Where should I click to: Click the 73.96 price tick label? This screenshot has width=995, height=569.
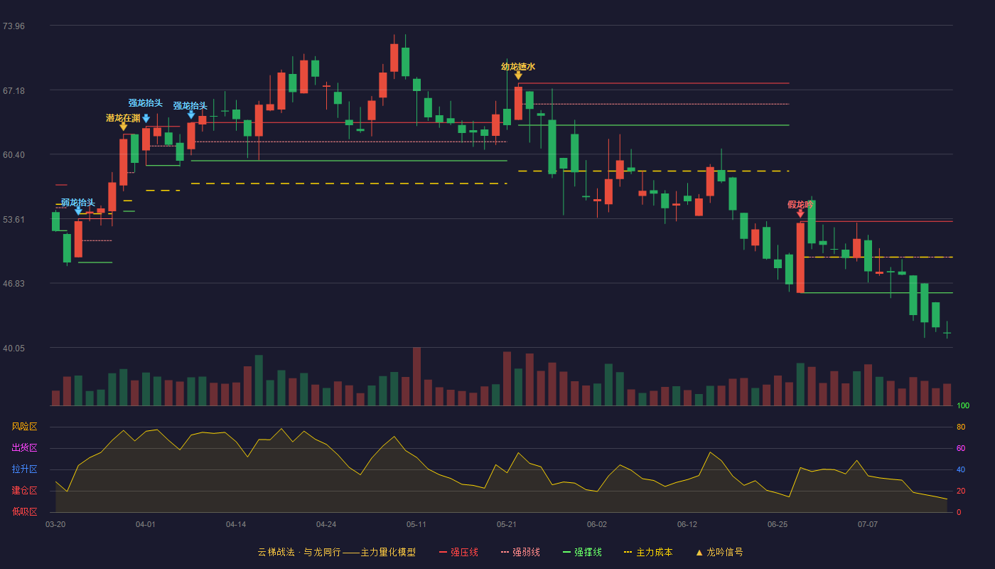[x=14, y=26]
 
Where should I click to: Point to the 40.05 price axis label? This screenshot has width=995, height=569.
[x=14, y=348]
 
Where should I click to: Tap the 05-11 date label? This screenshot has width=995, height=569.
[x=416, y=525]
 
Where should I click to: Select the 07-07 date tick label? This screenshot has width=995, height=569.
[x=868, y=525]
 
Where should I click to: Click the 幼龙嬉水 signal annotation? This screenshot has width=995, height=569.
[x=518, y=67]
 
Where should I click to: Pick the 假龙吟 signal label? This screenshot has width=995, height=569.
[x=800, y=205]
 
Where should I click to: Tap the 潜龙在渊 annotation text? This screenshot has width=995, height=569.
[x=123, y=118]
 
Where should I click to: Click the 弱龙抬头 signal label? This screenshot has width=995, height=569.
[x=78, y=203]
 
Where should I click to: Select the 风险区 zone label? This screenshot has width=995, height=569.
[x=24, y=427]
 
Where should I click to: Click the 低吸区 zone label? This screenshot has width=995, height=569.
[x=24, y=511]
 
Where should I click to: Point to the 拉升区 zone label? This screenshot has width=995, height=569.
[x=24, y=469]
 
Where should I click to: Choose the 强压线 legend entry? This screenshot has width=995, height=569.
[x=458, y=552]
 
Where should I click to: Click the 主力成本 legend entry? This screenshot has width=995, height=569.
[x=648, y=552]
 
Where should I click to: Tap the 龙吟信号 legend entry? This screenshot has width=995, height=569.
[x=719, y=552]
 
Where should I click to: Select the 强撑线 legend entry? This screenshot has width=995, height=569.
[x=582, y=552]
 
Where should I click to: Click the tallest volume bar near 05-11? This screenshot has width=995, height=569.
[x=416, y=376]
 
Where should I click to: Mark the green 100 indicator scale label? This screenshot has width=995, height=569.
[x=963, y=405]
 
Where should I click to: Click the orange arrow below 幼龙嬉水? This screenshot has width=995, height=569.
[x=518, y=76]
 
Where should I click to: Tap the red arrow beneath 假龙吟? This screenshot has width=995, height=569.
[x=800, y=214]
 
